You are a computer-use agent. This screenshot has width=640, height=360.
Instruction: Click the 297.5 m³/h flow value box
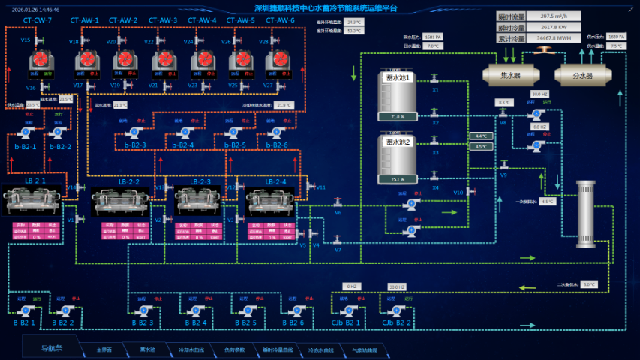click(x=554, y=15)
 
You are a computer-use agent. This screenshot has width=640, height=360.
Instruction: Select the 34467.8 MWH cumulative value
click(x=554, y=36)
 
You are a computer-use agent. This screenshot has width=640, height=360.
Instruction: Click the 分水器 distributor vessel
click(x=583, y=75)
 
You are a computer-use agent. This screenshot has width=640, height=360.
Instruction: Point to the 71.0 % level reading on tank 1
click(x=398, y=116)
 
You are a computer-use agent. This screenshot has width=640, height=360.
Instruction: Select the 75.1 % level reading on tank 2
click(x=398, y=179)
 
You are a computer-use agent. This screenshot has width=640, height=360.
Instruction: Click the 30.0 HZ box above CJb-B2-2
click(x=397, y=286)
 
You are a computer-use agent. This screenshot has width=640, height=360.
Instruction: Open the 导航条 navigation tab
click(x=51, y=347)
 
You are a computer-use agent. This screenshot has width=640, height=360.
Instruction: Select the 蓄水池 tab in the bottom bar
click(x=147, y=349)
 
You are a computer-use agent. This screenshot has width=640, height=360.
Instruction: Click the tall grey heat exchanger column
click(x=584, y=213)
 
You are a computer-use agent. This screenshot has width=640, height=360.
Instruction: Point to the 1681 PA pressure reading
click(x=433, y=36)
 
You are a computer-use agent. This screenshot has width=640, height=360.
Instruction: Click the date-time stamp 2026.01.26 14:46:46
click(x=35, y=10)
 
